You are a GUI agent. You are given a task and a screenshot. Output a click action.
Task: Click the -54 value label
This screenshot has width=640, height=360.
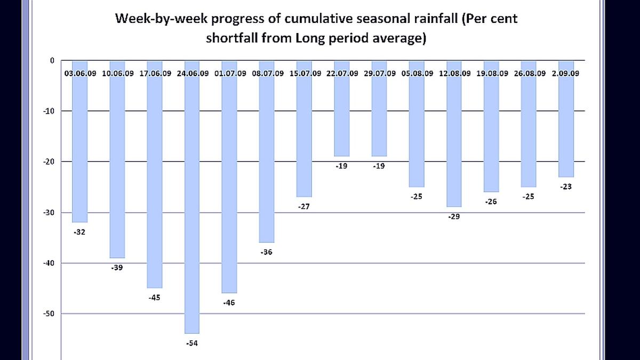(193, 343)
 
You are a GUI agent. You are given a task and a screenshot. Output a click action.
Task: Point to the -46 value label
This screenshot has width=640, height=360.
(230, 302)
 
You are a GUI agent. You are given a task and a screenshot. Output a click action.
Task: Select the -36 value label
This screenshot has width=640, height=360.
(267, 252)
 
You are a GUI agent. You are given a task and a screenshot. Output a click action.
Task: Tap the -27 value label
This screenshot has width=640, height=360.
(305, 206)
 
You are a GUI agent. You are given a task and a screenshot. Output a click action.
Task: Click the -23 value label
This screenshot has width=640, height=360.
(566, 186)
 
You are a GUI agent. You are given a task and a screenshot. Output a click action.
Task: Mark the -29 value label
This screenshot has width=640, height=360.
(454, 217)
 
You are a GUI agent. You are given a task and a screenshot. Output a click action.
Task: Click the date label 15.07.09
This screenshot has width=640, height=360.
(305, 74)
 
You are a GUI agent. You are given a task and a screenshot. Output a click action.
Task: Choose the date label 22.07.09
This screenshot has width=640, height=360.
(342, 74)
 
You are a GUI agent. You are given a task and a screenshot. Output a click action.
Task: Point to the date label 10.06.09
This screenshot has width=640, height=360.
(117, 74)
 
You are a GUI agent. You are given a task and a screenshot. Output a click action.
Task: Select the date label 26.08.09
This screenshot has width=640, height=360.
(529, 74)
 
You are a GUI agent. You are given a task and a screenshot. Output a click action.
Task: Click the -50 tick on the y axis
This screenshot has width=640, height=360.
(49, 314)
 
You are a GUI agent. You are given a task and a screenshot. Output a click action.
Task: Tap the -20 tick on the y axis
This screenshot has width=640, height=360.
(49, 162)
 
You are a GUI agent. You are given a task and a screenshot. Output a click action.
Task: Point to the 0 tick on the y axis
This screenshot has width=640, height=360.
(52, 60)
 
